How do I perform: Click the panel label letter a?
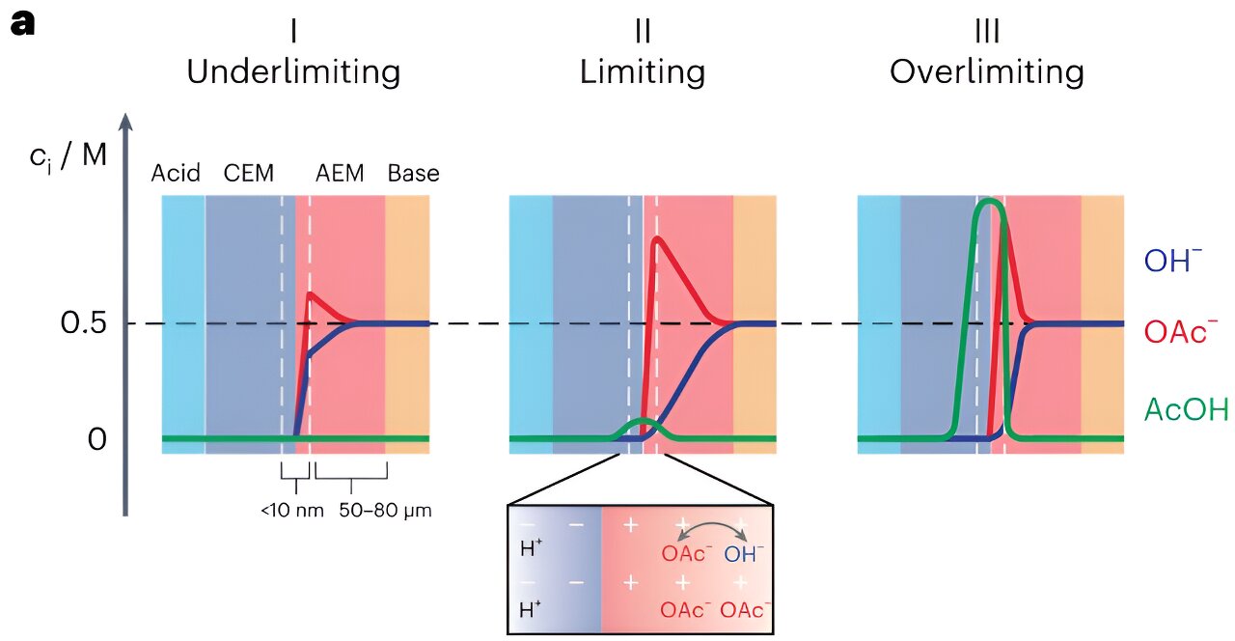coord(22,23)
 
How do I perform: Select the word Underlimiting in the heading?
coord(293,72)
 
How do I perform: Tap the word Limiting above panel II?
coord(642,72)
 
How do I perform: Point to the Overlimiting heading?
coord(986,72)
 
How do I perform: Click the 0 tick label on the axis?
coord(96,439)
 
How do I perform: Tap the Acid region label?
coord(176,174)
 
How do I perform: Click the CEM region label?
coord(249,174)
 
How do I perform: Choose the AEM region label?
coord(341,174)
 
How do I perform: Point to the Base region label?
coord(413,174)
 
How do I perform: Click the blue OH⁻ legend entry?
coord(1174,261)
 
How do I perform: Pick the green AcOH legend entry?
coord(1186,410)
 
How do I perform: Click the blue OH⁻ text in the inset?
coord(744,555)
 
